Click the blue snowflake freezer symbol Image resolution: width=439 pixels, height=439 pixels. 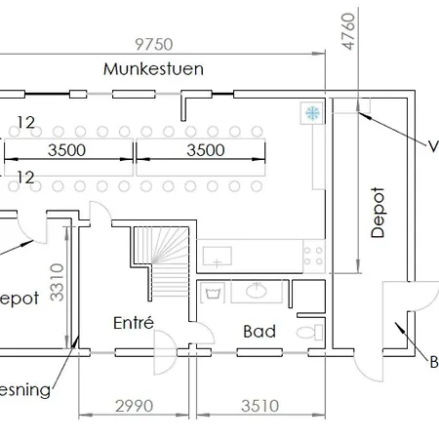(x=313, y=113)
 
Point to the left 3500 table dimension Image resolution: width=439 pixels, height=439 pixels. (x=67, y=150)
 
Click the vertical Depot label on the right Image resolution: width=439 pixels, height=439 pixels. (x=379, y=212)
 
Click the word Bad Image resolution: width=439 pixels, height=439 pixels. (x=259, y=332)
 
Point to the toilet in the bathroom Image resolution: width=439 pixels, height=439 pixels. (x=307, y=333)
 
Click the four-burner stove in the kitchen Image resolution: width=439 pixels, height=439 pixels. (x=313, y=257)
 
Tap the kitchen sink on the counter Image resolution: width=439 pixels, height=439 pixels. (x=218, y=257)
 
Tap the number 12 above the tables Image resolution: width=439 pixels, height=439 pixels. (x=27, y=123)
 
